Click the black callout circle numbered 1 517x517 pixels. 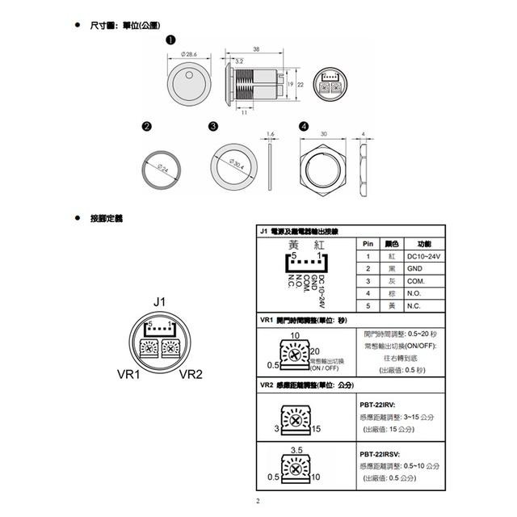(170, 40)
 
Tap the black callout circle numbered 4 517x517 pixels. (303, 126)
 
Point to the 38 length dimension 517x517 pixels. (256, 49)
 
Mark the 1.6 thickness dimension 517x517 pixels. (270, 134)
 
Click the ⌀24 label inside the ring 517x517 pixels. (162, 169)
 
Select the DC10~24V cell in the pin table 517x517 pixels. (422, 254)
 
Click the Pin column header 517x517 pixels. (367, 243)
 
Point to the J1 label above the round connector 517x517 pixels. (158, 302)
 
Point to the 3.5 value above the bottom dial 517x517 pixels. (296, 448)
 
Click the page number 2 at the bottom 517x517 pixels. (258, 501)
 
